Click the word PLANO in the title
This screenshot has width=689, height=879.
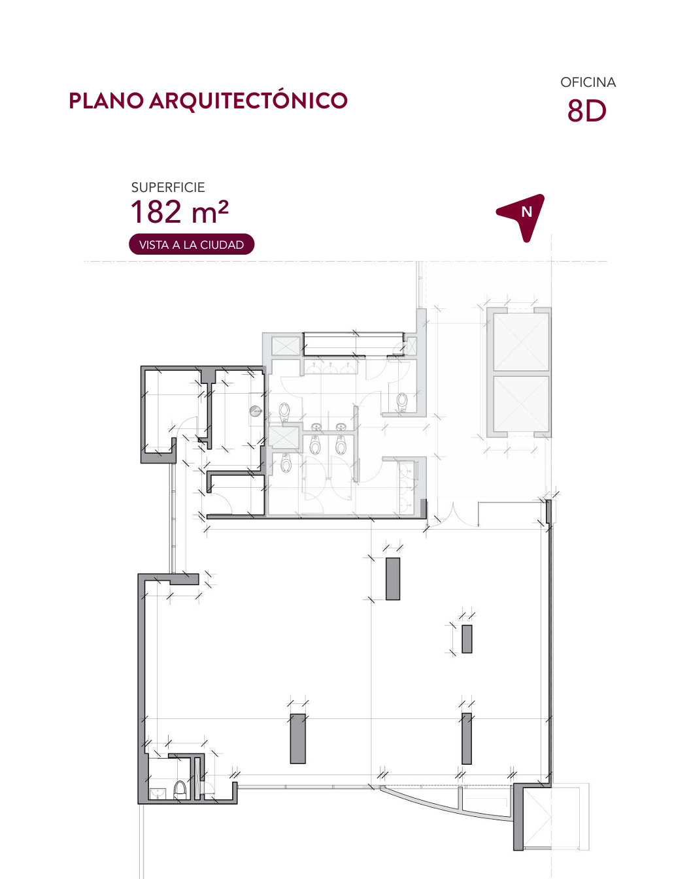(106, 101)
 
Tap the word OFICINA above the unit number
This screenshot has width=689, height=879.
(588, 82)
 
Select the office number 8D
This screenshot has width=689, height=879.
(586, 111)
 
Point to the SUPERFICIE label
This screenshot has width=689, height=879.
(168, 187)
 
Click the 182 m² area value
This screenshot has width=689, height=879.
(180, 212)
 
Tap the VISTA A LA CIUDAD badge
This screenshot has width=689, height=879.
(192, 244)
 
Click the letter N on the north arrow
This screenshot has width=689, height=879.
(526, 212)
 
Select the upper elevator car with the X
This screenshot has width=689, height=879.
(521, 342)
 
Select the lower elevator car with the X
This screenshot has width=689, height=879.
(521, 404)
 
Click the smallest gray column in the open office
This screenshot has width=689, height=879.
(467, 639)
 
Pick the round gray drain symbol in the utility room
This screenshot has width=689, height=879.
(255, 411)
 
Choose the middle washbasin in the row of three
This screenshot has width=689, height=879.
(331, 368)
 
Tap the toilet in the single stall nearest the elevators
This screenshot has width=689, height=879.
(401, 402)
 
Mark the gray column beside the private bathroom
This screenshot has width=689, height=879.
(297, 739)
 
